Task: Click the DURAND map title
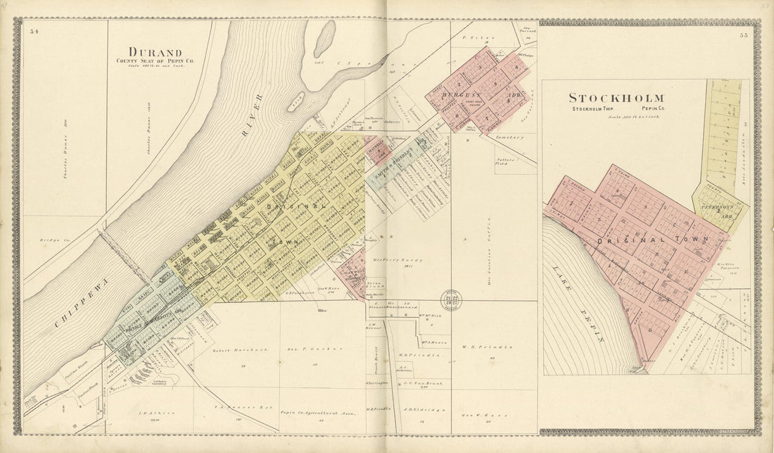click(155, 52)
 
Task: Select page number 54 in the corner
click(34, 31)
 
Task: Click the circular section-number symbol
click(451, 298)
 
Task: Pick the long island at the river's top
click(324, 39)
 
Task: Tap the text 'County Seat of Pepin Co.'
click(156, 62)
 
